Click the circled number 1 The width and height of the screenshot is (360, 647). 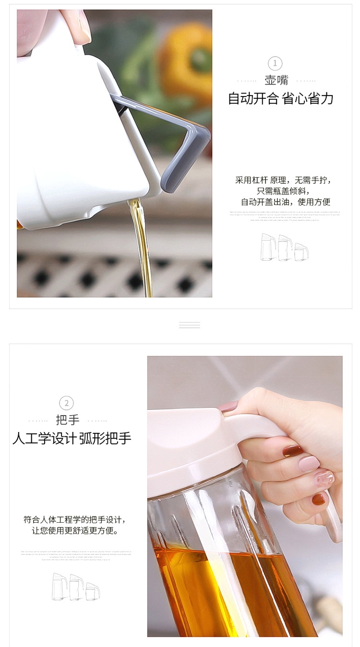coord(275,63)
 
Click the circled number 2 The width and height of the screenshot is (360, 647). coord(67,403)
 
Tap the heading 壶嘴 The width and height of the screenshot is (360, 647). coord(276,80)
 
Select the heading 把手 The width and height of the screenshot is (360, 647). coord(67,419)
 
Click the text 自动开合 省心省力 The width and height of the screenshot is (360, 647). coord(280,99)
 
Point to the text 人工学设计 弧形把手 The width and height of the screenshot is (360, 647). coord(72,438)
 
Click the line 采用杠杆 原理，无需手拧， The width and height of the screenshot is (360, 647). coord(283,180)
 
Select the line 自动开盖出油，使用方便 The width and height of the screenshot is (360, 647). coord(285,202)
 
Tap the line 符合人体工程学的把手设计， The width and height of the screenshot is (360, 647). coord(77,520)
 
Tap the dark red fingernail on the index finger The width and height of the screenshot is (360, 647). coord(292,451)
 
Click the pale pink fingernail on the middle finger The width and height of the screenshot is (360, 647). coord(309,463)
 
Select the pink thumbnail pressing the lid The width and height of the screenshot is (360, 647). coord(228,407)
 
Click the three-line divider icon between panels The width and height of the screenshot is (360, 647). coord(189,325)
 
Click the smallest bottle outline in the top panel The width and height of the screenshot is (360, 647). coord(301,252)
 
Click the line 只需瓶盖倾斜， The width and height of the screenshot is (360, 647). coord(283,191)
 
